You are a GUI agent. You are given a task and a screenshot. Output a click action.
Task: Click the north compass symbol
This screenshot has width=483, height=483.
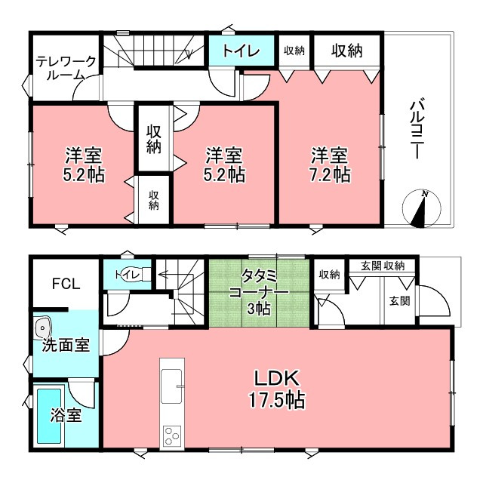[x=421, y=208]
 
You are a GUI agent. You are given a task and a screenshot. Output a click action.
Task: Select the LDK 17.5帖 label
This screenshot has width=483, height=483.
[x=276, y=389]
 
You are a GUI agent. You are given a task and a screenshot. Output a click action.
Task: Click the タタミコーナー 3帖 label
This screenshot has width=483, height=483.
[x=259, y=291]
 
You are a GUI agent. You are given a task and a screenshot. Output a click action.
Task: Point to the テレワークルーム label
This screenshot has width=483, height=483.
[x=66, y=68]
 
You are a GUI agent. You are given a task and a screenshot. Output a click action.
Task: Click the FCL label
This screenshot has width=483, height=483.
[x=66, y=284]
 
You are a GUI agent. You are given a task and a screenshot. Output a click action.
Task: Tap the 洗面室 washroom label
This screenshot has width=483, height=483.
[x=66, y=345]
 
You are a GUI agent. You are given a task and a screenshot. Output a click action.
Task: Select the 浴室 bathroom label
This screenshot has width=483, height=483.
[x=66, y=414]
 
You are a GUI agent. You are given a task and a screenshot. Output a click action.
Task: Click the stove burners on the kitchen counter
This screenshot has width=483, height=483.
[x=171, y=435]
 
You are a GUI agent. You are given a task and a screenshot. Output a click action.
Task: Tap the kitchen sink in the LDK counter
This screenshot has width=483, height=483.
[x=171, y=386]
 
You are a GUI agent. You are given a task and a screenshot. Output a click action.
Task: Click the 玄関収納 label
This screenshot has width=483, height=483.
[x=383, y=266]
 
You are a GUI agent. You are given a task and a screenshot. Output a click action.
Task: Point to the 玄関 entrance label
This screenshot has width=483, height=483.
[x=399, y=300]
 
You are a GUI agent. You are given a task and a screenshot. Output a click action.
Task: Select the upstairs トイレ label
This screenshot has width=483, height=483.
[x=241, y=51]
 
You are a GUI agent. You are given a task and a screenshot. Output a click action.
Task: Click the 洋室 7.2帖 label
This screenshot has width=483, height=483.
[x=330, y=165]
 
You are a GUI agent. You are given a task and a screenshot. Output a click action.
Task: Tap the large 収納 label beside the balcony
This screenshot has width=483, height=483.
[x=347, y=51]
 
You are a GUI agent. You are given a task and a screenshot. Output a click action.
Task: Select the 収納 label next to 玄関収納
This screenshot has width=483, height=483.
[x=329, y=274]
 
